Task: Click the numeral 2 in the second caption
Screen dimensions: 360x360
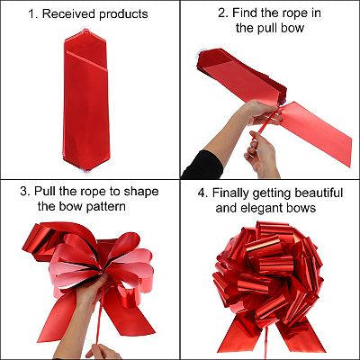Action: click(x=221, y=13)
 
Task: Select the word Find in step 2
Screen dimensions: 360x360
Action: click(x=244, y=13)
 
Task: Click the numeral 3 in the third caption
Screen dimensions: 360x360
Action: click(x=23, y=192)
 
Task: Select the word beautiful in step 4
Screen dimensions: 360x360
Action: click(x=319, y=193)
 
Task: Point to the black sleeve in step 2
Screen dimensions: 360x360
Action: click(x=202, y=165)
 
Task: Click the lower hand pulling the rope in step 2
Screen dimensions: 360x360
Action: click(x=261, y=155)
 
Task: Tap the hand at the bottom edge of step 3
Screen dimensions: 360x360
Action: click(x=103, y=352)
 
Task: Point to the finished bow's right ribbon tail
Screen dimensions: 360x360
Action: click(x=300, y=336)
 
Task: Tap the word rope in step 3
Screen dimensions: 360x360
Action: click(x=96, y=193)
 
